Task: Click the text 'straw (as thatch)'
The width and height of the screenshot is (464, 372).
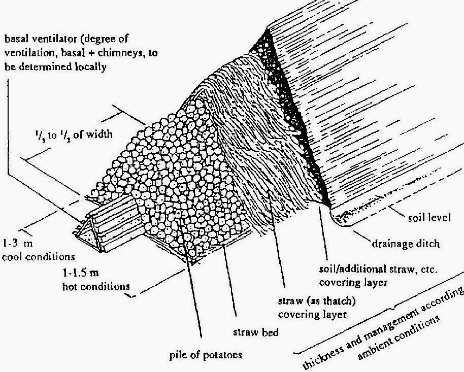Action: click(312, 302)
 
